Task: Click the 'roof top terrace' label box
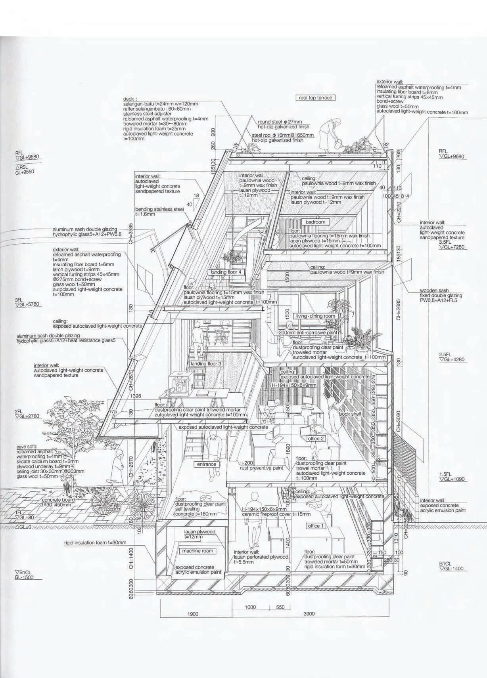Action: [316, 98]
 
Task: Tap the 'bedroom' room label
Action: [315, 222]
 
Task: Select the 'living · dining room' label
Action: [316, 316]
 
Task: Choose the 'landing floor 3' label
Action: [207, 364]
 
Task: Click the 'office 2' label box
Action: [316, 439]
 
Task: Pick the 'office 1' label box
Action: [316, 526]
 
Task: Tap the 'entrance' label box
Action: [206, 464]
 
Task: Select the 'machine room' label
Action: [197, 551]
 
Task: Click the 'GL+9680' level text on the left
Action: [28, 157]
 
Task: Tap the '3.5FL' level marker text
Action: [445, 241]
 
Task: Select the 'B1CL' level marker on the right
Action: [445, 563]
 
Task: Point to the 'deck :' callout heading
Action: [130, 99]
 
